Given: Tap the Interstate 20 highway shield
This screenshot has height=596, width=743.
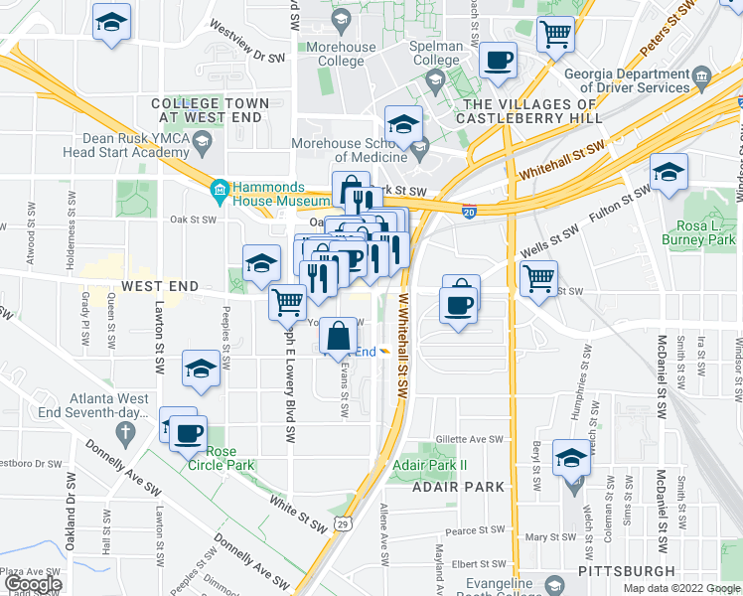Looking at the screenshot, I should pos(469,211).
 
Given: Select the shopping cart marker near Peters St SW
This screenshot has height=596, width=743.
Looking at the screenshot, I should pos(555,34).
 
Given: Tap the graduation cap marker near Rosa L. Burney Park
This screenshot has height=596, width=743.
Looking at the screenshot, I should pos(669,173).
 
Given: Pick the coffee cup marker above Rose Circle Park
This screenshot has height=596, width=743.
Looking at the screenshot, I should pos(187,432).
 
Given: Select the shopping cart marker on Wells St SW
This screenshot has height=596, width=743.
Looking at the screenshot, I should pos(538,277).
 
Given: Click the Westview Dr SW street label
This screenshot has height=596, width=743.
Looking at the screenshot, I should pos(242,40).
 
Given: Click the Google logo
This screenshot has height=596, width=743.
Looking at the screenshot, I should pos(32,584).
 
